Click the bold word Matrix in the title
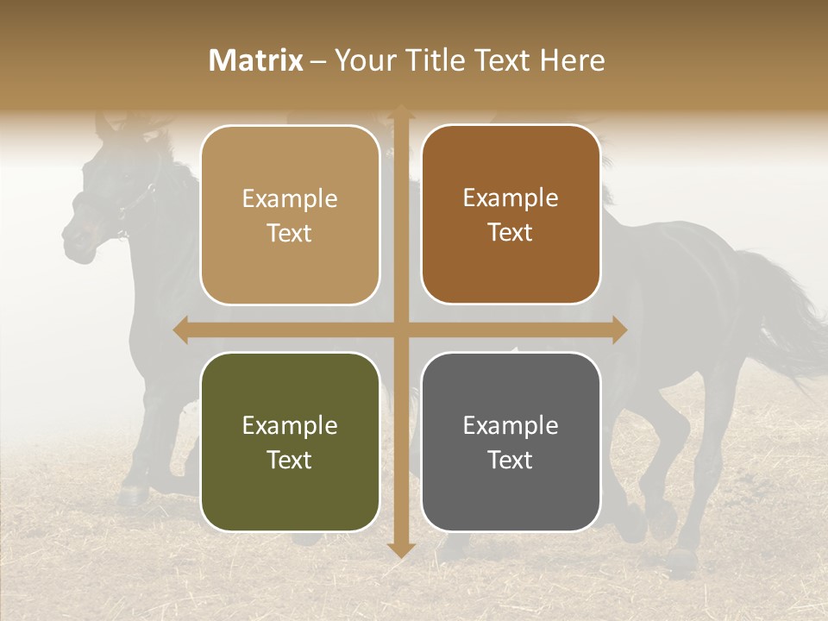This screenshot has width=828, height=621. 256,60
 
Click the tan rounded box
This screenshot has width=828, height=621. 290,215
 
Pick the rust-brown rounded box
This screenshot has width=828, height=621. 511,214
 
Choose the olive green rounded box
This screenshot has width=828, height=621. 290,442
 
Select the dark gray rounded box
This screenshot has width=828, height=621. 511,442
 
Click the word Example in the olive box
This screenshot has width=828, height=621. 290,426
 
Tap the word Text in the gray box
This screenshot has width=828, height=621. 511,460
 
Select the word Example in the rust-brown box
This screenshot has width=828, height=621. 511,198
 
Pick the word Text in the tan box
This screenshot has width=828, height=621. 290,233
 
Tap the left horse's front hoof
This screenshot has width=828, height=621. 134,493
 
